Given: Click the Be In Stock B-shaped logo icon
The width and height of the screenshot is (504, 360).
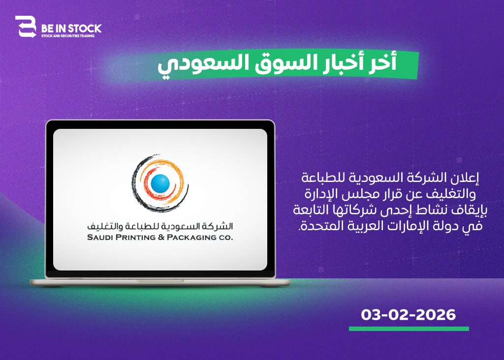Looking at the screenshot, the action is click(26, 27).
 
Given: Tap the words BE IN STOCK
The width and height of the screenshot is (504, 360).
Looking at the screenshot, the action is click(71, 29).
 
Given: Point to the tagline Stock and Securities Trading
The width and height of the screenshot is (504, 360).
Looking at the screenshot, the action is click(68, 36).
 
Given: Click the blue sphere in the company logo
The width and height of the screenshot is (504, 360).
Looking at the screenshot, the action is click(160, 183).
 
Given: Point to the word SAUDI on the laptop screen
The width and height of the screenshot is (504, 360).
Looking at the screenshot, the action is click(100, 238).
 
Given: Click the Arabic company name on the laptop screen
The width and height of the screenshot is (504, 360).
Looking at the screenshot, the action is click(160, 226).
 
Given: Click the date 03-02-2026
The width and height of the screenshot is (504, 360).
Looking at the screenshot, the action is click(408, 315).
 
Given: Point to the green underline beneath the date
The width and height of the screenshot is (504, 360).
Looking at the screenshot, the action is click(409, 329).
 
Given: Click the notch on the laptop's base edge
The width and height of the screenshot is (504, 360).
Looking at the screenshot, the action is click(160, 281).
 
